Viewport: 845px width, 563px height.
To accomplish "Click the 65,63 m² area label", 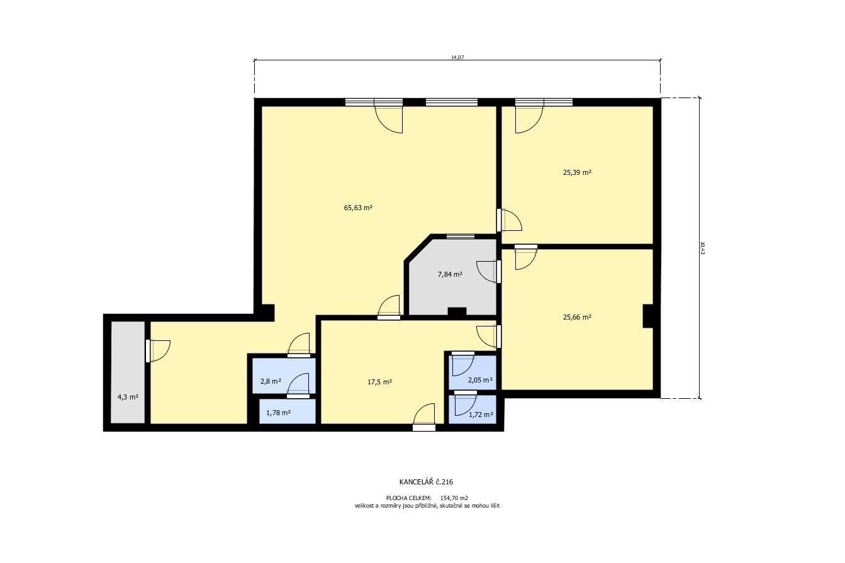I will click(358, 207).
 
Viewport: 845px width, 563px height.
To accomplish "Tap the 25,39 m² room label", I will click(576, 172).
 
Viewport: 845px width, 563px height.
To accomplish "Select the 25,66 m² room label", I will click(576, 317).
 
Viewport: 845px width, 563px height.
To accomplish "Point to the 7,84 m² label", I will click(450, 274).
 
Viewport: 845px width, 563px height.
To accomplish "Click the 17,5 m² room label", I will click(379, 382).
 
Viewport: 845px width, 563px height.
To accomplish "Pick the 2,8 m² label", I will click(270, 381).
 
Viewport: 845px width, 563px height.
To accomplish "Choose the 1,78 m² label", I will click(278, 413).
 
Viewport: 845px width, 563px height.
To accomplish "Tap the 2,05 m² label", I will click(480, 380).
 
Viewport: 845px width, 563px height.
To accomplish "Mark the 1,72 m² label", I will click(481, 415).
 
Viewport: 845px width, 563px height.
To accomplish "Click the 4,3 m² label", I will click(128, 397).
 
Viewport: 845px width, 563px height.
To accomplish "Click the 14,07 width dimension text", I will click(457, 57).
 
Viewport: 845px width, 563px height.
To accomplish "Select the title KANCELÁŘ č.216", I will click(426, 482).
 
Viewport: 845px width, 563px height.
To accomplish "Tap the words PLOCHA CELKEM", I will click(408, 498).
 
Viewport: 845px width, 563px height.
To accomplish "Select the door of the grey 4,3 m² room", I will click(148, 351).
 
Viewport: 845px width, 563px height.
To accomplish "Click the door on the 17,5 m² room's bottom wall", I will click(424, 427).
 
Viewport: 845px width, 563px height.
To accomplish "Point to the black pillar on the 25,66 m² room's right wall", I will click(647, 316).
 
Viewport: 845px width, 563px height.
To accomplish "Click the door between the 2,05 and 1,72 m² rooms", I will click(466, 393).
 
